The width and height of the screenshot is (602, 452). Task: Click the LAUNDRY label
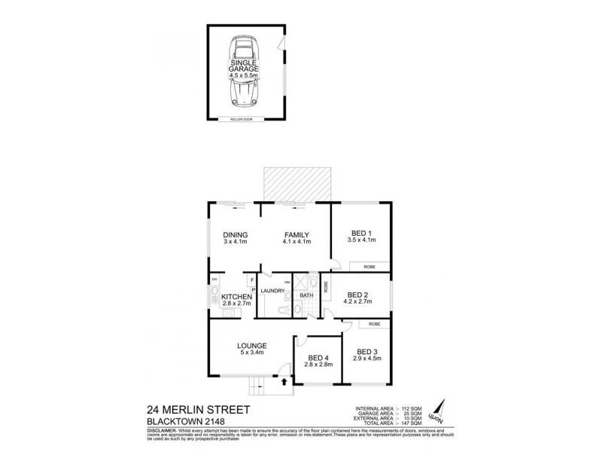coord(272,290)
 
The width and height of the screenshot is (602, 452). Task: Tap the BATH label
coord(306,296)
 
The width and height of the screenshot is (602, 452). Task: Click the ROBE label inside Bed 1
coord(369,267)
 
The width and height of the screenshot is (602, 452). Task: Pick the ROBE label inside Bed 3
coord(374,324)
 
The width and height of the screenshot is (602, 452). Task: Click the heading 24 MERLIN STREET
coord(198,410)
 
